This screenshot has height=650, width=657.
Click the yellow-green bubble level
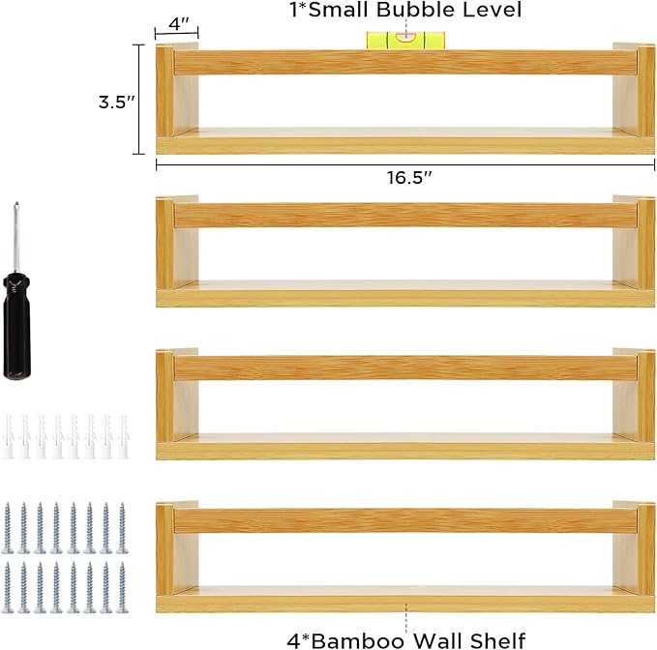(x=405, y=41)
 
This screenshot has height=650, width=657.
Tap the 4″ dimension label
(x=179, y=24)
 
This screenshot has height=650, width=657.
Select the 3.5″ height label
(x=117, y=102)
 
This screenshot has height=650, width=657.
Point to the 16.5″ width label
(x=409, y=178)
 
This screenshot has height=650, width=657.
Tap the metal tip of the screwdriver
(x=16, y=205)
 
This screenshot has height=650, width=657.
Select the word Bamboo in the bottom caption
(x=358, y=640)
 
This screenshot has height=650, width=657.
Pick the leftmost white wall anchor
(x=8, y=436)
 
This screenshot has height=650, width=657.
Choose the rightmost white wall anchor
(x=123, y=436)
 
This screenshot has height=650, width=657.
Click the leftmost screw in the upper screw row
(x=8, y=528)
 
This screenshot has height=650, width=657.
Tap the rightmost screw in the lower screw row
(x=122, y=587)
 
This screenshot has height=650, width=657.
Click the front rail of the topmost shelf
(x=405, y=63)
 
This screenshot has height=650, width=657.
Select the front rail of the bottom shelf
(x=405, y=521)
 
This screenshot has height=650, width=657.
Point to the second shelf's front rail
(x=405, y=216)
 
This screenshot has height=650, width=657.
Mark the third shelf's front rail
(x=405, y=369)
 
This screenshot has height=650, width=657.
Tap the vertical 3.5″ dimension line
(x=138, y=100)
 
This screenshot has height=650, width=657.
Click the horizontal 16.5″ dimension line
(x=405, y=164)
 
